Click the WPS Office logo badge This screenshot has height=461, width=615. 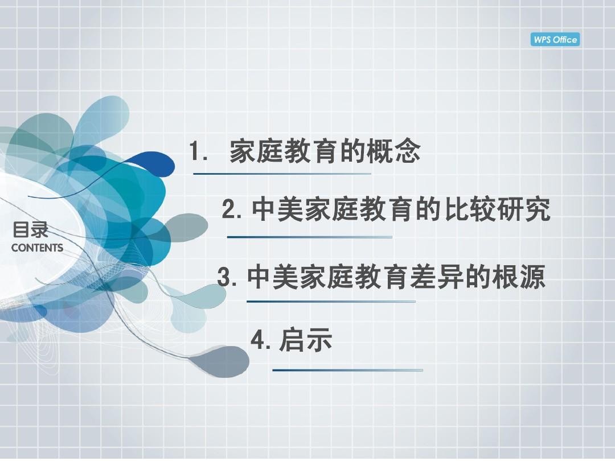[x=555, y=40]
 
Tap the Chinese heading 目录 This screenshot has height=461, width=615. [x=30, y=230]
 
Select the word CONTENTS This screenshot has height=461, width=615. [x=37, y=248]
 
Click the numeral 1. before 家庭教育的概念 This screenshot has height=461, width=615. [x=198, y=151]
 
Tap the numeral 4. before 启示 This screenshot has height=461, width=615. [x=260, y=339]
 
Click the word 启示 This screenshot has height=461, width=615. [x=306, y=339]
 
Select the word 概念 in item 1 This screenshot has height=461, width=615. [x=393, y=151]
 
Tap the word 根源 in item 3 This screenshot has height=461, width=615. [x=519, y=277]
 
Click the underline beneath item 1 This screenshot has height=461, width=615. [x=282, y=174]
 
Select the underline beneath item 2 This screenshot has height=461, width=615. [x=309, y=237]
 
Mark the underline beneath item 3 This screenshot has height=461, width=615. [x=331, y=302]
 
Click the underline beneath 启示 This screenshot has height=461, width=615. [x=347, y=370]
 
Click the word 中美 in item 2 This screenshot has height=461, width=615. [x=277, y=209]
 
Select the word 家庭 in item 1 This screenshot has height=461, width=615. [x=256, y=151]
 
